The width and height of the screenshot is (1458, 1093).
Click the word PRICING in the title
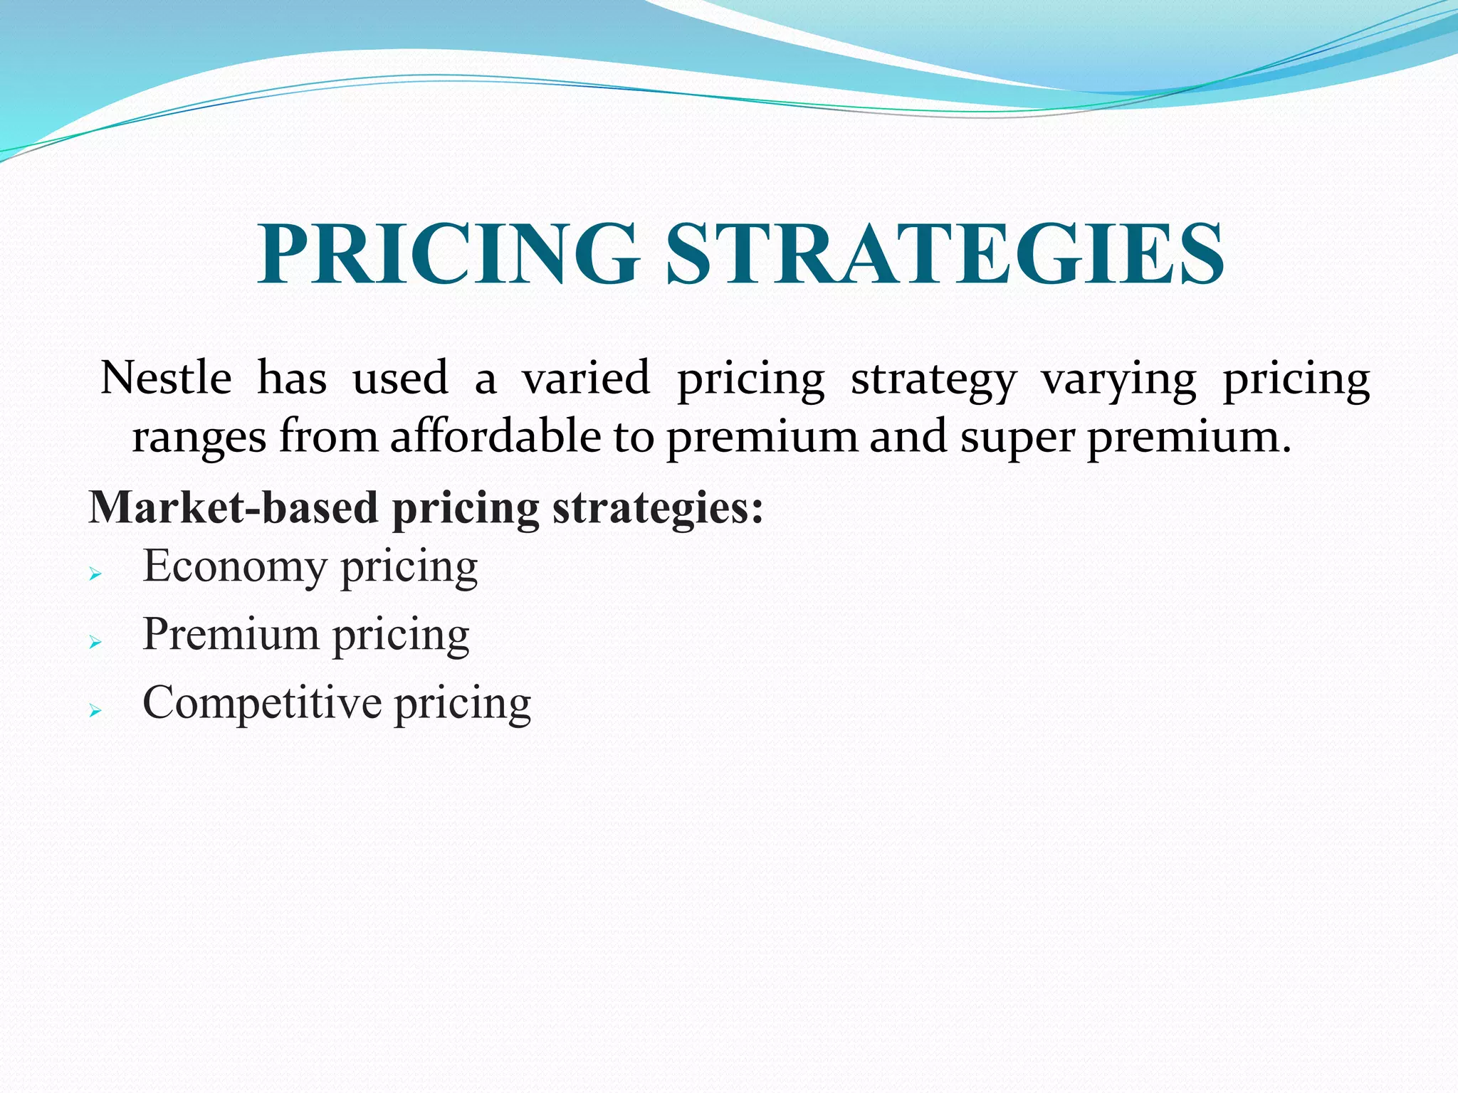click(x=448, y=255)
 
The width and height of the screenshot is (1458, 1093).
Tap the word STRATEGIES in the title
click(x=945, y=255)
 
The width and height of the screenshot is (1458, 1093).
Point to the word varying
click(x=1119, y=379)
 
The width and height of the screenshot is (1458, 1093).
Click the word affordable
click(x=495, y=435)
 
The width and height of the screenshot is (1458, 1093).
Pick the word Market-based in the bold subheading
click(x=233, y=507)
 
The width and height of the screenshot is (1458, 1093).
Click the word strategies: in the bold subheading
click(x=657, y=509)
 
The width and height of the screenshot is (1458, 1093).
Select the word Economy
click(x=235, y=567)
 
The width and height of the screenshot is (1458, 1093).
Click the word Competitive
click(x=262, y=703)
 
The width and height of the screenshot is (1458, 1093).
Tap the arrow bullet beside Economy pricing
click(x=96, y=574)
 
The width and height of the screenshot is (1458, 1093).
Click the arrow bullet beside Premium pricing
click(x=96, y=642)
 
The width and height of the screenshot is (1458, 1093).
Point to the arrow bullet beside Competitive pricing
click(x=96, y=710)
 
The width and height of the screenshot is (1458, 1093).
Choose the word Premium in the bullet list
click(x=231, y=634)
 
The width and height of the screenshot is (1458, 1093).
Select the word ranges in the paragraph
click(x=199, y=437)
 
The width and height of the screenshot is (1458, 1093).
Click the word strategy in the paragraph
click(x=933, y=379)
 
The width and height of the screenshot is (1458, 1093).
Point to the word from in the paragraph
click(x=328, y=435)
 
